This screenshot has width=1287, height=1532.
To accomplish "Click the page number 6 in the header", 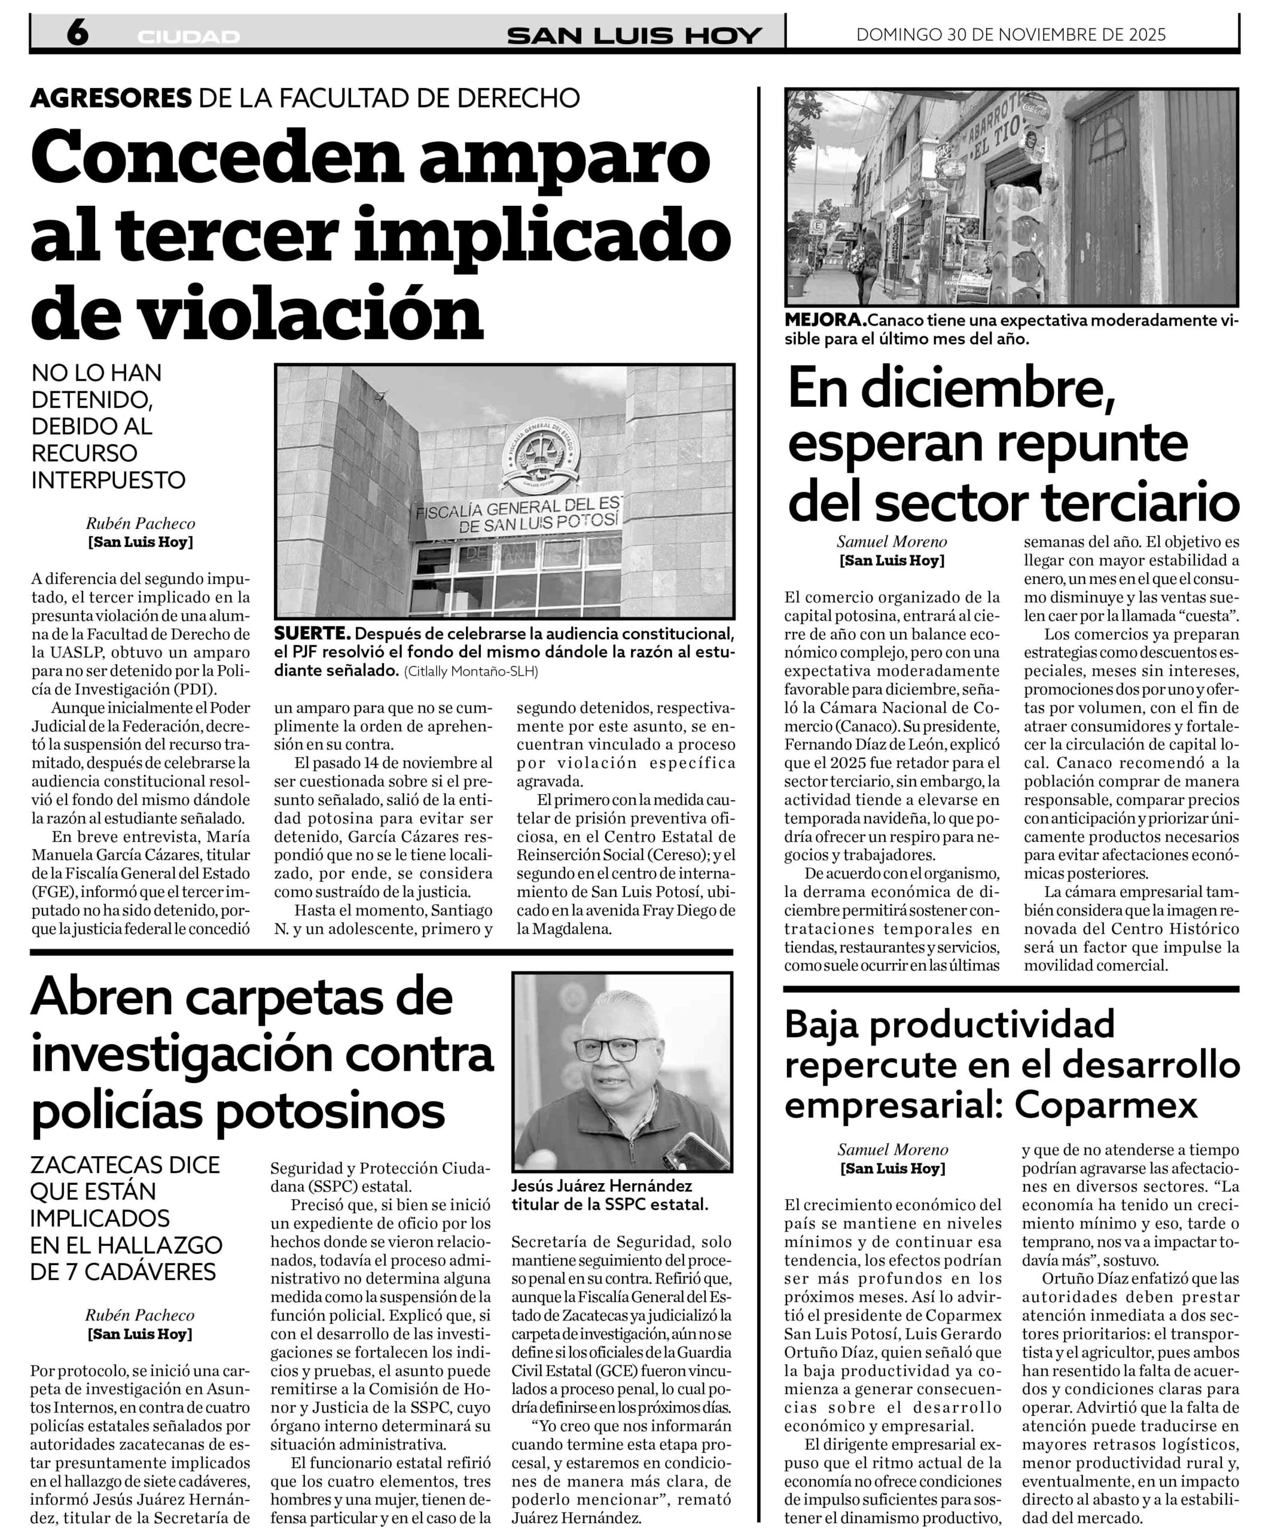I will pyautogui.click(x=77, y=33).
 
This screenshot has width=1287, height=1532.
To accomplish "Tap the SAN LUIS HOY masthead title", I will pyautogui.click(x=634, y=35).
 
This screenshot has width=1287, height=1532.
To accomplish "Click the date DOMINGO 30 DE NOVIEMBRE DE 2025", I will pyautogui.click(x=1011, y=34).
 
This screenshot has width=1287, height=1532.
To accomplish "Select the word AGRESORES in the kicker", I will pyautogui.click(x=111, y=97).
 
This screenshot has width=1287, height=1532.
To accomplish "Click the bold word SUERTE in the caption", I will pyautogui.click(x=312, y=634).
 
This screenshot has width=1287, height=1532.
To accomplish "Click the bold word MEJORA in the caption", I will pyautogui.click(x=825, y=320).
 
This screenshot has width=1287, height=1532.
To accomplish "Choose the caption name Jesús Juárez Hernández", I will pyautogui.click(x=601, y=1186).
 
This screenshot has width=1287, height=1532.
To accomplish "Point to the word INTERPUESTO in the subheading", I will pyautogui.click(x=108, y=481).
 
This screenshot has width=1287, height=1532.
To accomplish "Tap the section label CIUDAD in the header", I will pyautogui.click(x=188, y=37).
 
